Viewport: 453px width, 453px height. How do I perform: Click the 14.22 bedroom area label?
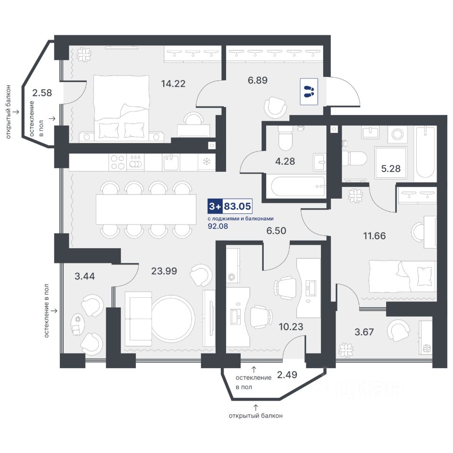pyautogui.click(x=173, y=84)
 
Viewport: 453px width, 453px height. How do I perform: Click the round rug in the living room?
pyautogui.click(x=172, y=319)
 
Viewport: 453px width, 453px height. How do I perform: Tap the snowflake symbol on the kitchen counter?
pyautogui.click(x=206, y=162)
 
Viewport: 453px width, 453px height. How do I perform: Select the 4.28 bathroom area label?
pyautogui.click(x=285, y=161)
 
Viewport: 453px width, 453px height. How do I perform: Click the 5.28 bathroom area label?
pyautogui.click(x=391, y=168)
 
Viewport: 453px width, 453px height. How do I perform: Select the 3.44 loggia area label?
pyautogui.click(x=85, y=276)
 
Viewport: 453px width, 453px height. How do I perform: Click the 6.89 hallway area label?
pyautogui.click(x=258, y=80)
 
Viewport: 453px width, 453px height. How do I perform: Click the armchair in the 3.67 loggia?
pyautogui.click(x=399, y=330)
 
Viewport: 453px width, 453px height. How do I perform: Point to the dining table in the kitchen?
pyautogui.click(x=146, y=209)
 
